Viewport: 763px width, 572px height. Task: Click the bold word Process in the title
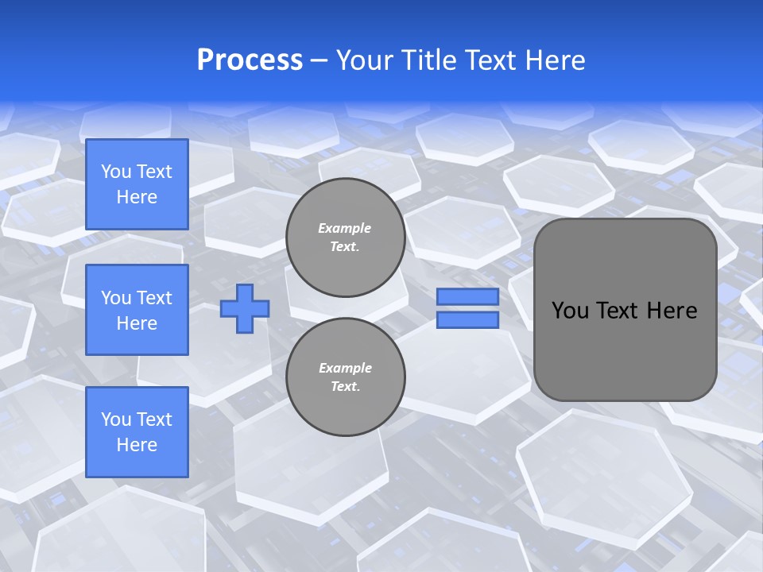click(250, 60)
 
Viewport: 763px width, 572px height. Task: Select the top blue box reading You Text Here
click(137, 184)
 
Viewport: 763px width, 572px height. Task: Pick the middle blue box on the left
click(137, 310)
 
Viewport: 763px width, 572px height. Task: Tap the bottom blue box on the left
click(137, 432)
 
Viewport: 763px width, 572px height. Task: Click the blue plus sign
click(245, 308)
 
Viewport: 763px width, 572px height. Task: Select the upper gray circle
click(345, 238)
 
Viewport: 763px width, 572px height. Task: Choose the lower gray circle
click(345, 377)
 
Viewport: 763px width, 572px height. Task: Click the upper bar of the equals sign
click(467, 297)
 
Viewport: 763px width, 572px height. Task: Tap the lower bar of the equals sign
click(467, 320)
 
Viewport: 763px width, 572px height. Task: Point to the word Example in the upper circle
click(345, 228)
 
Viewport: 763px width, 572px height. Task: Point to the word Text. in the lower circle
click(345, 387)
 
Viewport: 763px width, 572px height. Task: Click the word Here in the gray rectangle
click(672, 311)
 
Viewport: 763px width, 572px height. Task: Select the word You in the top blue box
click(116, 172)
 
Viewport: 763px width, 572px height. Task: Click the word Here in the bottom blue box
click(137, 445)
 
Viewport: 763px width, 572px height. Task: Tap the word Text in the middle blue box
click(154, 298)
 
